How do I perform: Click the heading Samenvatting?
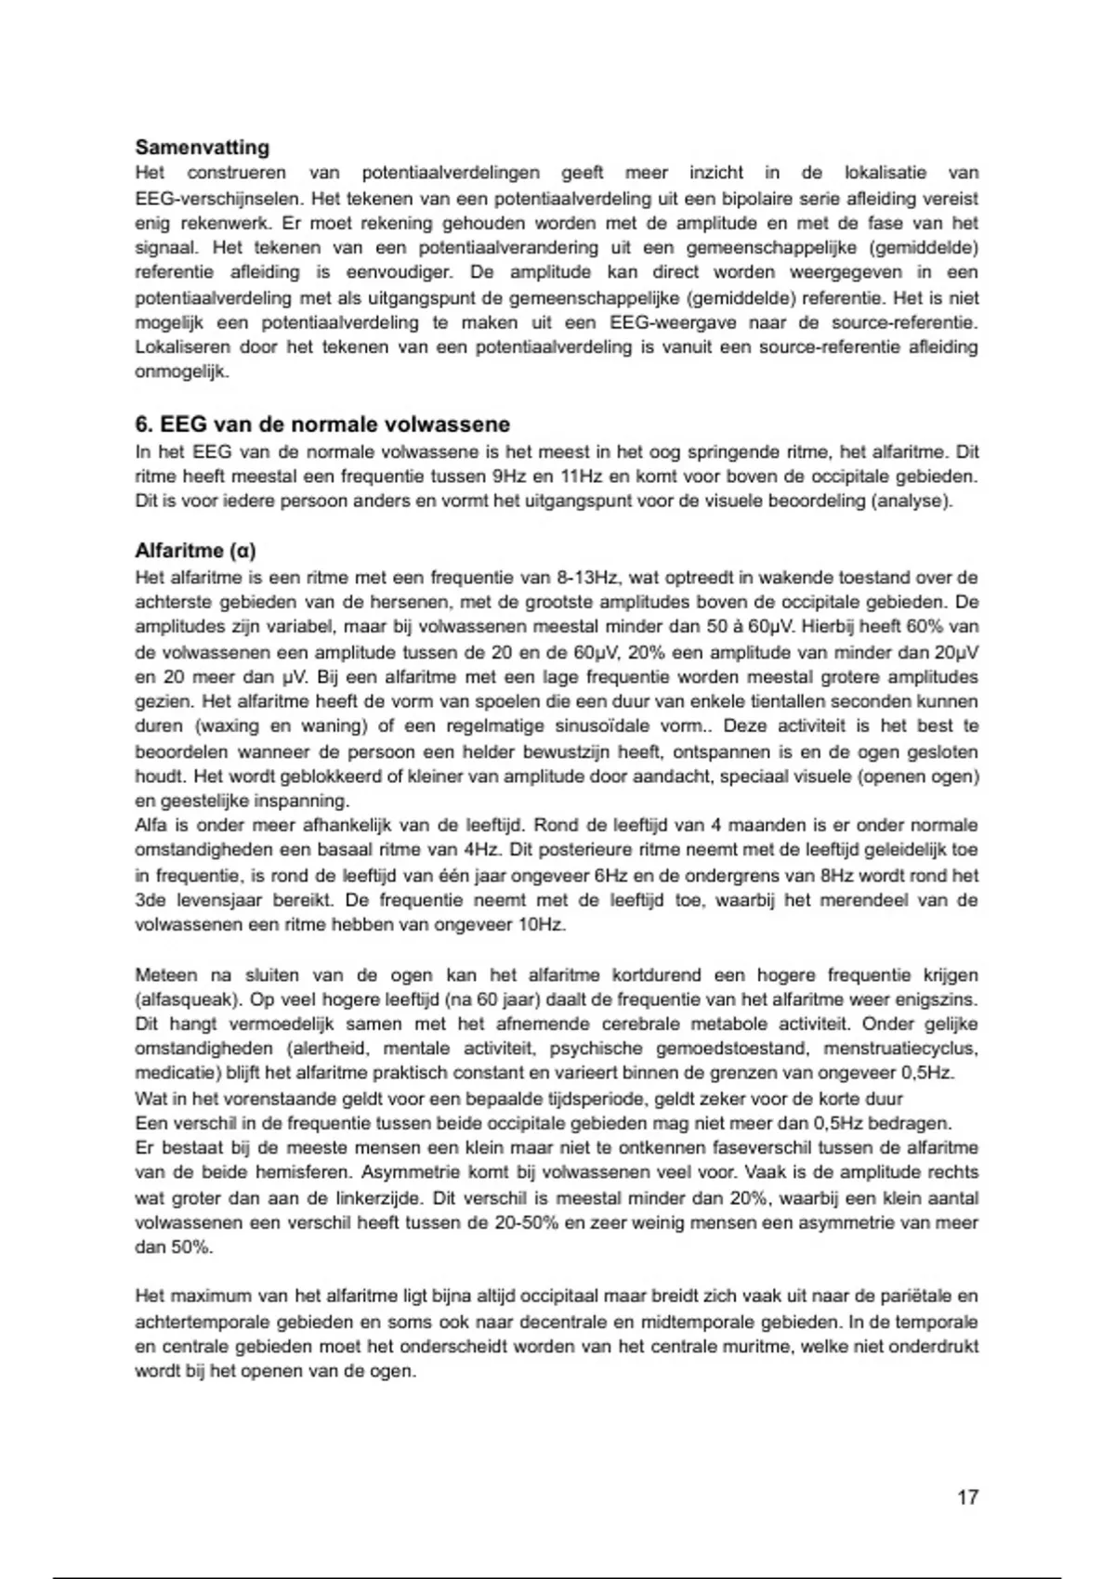coord(203,147)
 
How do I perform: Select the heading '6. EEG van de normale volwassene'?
coord(322,424)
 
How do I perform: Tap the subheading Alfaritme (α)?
coord(195,550)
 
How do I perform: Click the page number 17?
coord(967,1497)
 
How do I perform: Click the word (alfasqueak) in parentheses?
coord(188,999)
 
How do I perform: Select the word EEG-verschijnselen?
coord(218,198)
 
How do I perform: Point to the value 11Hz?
coord(581,476)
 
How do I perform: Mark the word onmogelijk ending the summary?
coord(182,372)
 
